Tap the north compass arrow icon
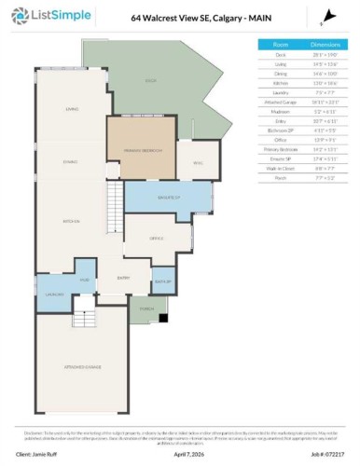321,18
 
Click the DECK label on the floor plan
149,80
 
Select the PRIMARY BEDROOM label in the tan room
141,149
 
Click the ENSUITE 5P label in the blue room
168,198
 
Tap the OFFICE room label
156,238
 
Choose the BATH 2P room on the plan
161,281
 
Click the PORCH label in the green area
146,308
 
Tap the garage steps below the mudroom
85,320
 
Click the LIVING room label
71,109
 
